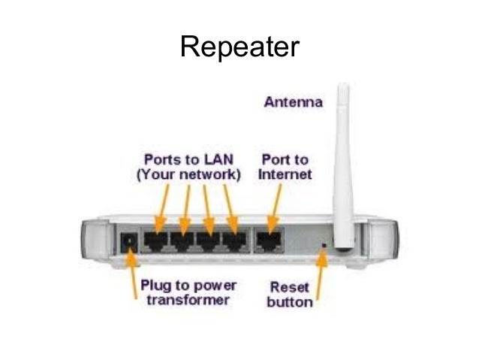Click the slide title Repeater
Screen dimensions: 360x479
(x=239, y=47)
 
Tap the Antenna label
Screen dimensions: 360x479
(x=293, y=103)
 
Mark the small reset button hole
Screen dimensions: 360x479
(x=324, y=244)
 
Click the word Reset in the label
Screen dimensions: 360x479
(x=285, y=288)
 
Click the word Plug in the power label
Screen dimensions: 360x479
(x=158, y=287)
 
